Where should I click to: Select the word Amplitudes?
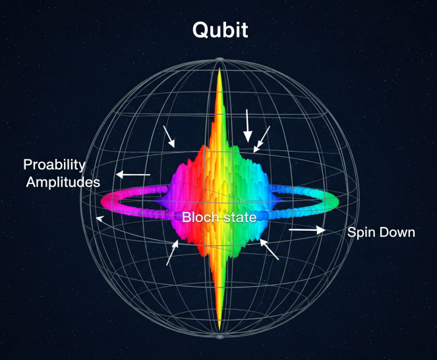click(63, 181)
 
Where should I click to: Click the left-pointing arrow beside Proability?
click(132, 175)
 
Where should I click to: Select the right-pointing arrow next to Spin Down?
click(307, 230)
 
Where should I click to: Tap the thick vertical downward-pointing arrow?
click(248, 126)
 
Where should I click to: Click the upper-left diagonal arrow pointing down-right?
click(169, 136)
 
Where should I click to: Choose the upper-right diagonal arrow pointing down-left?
click(262, 138)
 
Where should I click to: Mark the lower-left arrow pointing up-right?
click(172, 253)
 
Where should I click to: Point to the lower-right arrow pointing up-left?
click(270, 250)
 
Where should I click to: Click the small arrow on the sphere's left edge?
click(100, 218)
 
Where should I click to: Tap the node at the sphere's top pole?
click(219, 61)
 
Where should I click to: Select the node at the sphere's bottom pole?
click(219, 337)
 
